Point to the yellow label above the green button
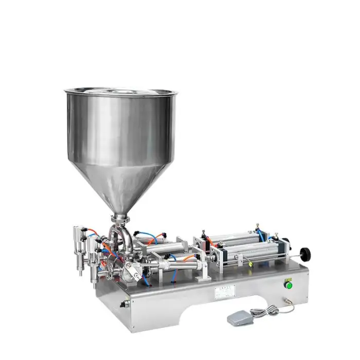(x=289, y=277)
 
